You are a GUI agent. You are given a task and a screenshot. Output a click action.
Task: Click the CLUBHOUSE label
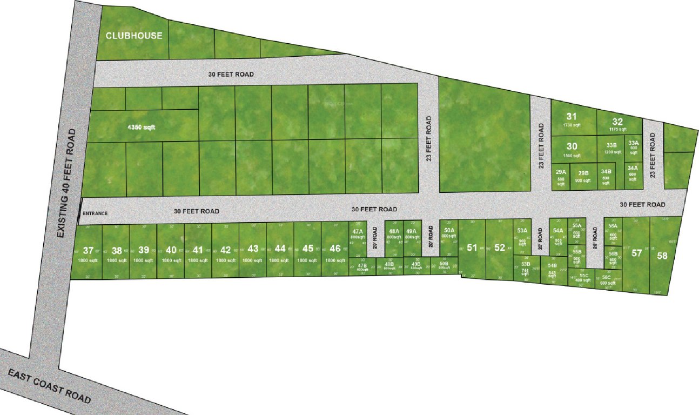pos(133,36)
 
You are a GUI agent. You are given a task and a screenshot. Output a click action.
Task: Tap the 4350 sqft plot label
pos(141,127)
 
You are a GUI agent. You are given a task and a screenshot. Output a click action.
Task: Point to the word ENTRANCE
pos(95,213)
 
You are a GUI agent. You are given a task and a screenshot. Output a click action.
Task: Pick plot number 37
pos(88,250)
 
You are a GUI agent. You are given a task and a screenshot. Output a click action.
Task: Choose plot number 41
pos(198,250)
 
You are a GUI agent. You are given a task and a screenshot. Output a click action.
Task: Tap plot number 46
pos(335,249)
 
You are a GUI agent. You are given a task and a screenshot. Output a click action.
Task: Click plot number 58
pos(662,256)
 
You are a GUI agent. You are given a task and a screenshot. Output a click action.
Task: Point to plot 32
pos(617,122)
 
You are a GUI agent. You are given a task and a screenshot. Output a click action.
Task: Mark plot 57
pos(637,253)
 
